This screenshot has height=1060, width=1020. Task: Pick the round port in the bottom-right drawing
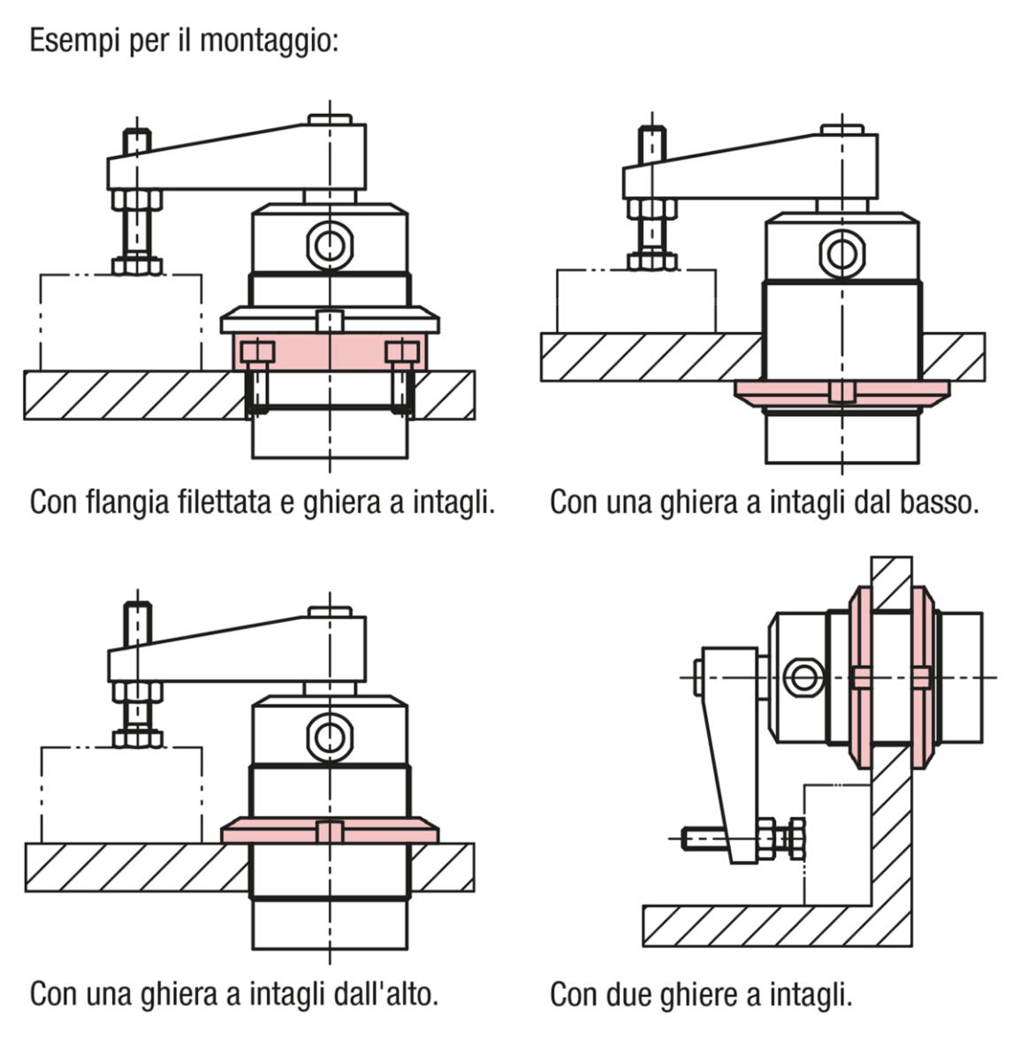tap(802, 678)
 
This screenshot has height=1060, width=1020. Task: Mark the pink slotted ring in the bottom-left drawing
tap(329, 831)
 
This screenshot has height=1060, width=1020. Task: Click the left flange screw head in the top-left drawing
tap(257, 351)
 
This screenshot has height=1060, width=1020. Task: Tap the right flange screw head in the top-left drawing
tap(401, 351)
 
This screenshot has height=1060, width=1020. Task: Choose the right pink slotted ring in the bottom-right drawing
tap(921, 678)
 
